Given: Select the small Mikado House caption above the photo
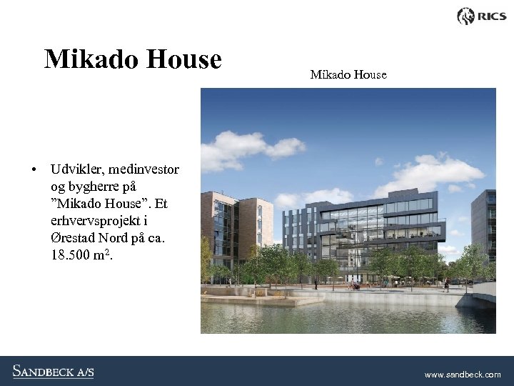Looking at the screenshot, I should point(348,74).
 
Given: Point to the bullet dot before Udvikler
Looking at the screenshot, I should point(34,170).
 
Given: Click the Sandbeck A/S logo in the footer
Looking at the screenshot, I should point(53,371).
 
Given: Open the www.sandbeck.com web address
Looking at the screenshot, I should point(463,374).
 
